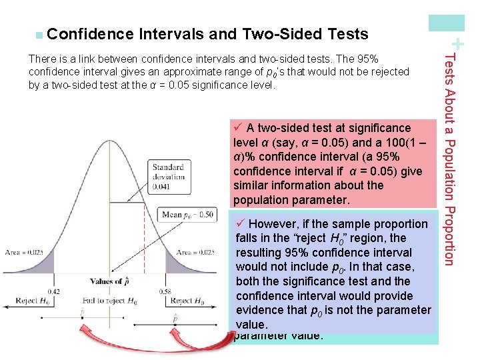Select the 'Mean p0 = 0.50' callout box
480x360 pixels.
click(187, 215)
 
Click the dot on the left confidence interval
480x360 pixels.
click(83, 319)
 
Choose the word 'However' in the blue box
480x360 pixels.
click(271, 224)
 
